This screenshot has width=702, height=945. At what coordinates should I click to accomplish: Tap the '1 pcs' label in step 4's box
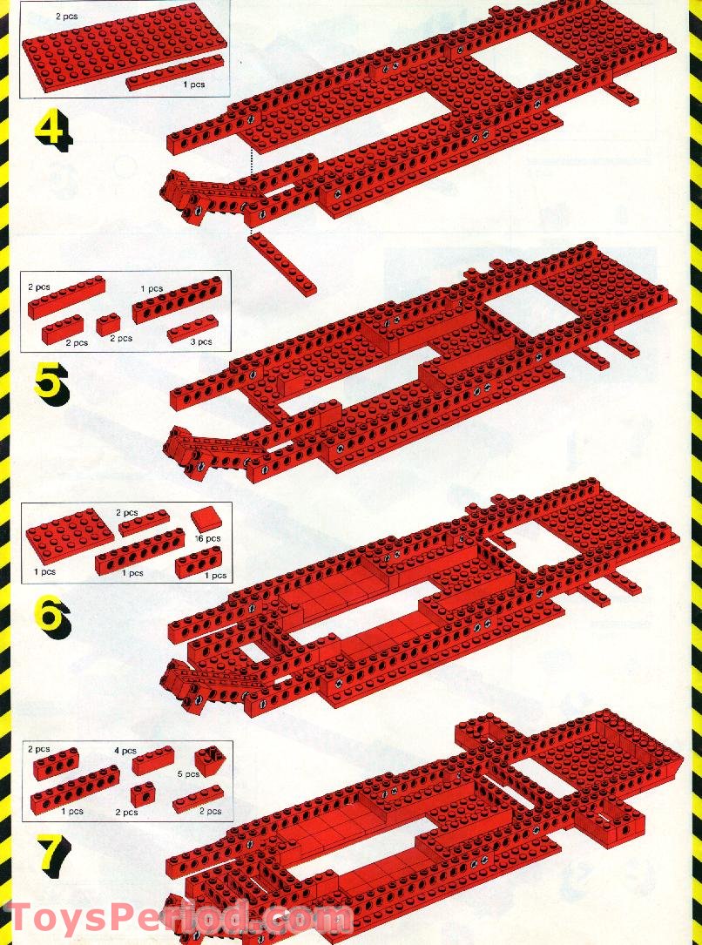click(x=193, y=84)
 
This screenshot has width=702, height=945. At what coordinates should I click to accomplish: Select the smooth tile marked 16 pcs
click(x=206, y=520)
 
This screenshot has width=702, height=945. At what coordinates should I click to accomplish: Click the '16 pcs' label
click(x=207, y=538)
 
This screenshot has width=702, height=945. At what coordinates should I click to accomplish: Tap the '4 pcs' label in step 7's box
click(x=125, y=750)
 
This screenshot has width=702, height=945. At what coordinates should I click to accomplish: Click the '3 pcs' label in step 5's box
click(x=201, y=341)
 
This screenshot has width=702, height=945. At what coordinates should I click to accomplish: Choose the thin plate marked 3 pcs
click(x=191, y=328)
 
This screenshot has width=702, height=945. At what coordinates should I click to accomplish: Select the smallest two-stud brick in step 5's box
click(x=109, y=324)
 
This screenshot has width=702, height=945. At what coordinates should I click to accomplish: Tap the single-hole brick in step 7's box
click(x=142, y=793)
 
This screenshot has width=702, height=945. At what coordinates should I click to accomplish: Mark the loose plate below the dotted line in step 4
click(x=281, y=262)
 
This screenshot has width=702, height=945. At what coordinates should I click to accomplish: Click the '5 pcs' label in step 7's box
click(x=189, y=773)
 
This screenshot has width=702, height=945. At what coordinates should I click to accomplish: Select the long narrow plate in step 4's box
click(x=173, y=72)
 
